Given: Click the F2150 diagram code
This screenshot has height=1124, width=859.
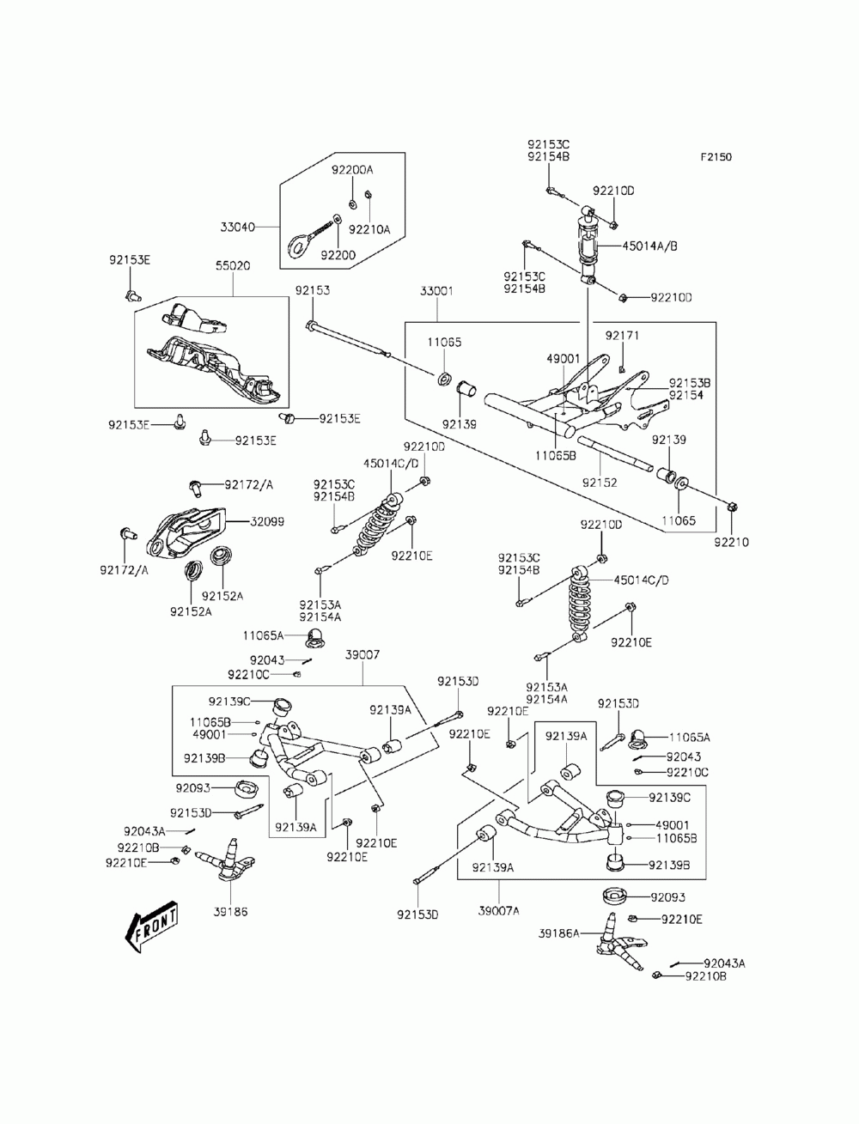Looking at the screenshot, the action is click(716, 156).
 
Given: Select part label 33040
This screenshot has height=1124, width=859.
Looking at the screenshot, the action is click(237, 227).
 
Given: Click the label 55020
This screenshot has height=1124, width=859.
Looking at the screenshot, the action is click(233, 266).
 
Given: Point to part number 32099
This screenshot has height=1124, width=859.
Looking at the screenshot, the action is click(267, 522).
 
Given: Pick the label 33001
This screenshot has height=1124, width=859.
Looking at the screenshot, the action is click(436, 291).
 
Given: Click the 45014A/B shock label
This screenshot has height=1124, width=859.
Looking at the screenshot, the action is click(649, 246).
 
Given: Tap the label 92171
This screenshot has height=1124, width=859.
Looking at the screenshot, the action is click(622, 336).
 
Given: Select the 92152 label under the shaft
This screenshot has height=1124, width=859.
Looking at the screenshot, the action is click(600, 483).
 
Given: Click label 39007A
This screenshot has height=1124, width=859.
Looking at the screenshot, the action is click(498, 910).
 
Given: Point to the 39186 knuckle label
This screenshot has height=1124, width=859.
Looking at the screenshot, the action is click(230, 911).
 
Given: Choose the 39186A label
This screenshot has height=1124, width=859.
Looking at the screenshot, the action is click(558, 933).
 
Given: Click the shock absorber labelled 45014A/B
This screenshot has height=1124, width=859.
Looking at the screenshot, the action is click(589, 245).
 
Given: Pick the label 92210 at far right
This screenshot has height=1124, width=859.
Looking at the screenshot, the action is click(731, 542).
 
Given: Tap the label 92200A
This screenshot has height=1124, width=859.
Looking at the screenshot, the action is click(352, 170).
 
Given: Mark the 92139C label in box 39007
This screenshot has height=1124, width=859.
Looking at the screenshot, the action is click(229, 701).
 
